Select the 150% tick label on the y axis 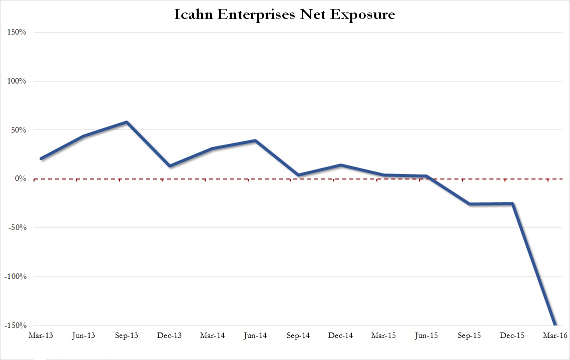16,32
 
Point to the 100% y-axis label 16,81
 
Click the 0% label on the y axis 20,178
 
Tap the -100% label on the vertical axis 15,276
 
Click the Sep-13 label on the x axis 127,336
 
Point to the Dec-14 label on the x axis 341,336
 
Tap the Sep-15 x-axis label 469,336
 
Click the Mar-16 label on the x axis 555,336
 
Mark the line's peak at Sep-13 127,122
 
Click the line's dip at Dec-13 170,166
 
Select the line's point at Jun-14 255,140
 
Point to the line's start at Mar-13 41,158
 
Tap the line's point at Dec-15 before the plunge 512,203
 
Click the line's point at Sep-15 470,204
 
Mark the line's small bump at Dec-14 341,165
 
